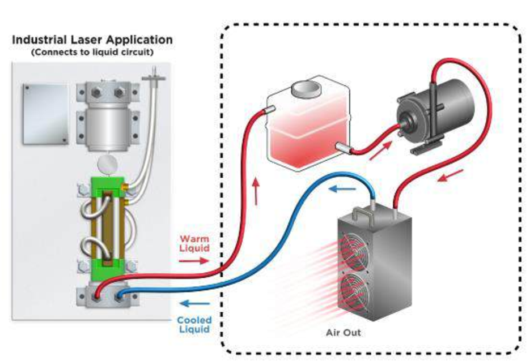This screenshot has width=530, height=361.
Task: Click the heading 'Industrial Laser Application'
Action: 92,40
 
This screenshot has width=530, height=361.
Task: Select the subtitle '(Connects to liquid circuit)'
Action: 92,52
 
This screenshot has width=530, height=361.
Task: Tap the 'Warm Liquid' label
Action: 194,243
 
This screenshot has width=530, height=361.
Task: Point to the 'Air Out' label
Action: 343,332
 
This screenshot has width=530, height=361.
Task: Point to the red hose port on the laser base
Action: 98,295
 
